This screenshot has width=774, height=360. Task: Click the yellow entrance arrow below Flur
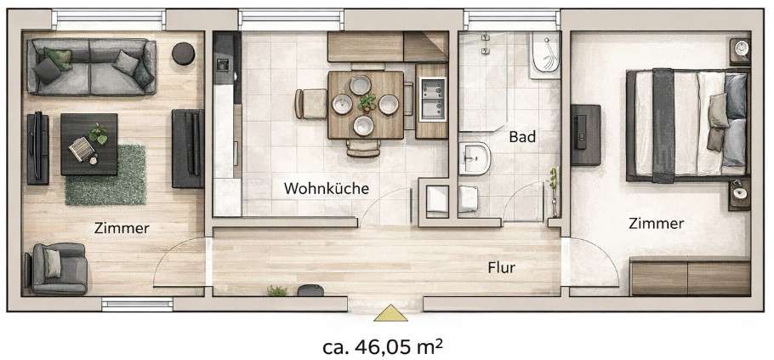coord(390,314)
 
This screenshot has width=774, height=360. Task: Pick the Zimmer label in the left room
coord(122,227)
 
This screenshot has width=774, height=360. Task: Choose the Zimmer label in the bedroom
coord(656,224)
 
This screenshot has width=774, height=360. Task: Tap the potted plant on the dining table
coord(367,102)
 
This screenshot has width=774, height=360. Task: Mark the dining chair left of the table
coord(305,104)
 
